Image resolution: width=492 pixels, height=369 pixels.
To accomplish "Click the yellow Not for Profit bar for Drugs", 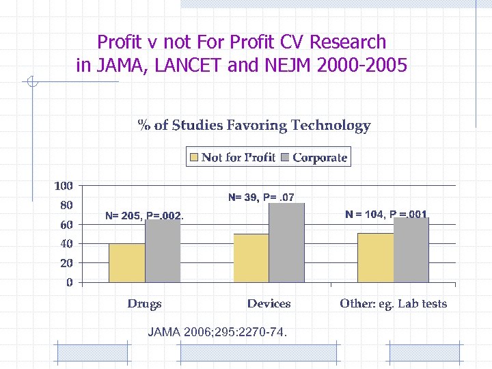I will tap(127, 263).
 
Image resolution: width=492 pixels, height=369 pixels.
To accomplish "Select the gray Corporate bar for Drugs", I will tap(163, 251).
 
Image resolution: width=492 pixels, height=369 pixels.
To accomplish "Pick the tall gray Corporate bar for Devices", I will tap(287, 243).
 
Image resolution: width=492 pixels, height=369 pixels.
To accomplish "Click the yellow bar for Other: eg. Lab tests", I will tap(376, 258).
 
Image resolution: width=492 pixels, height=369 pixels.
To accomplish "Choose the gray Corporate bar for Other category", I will tap(411, 250).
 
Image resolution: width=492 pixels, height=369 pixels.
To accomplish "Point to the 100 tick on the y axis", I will tap(64, 186).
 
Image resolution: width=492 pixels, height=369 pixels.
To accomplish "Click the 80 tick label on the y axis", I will tap(66, 205).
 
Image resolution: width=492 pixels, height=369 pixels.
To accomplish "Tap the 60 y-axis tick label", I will tap(66, 224).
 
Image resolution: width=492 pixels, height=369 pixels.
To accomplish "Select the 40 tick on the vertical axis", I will tap(66, 243).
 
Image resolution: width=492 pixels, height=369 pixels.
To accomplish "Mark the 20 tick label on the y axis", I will tap(66, 262).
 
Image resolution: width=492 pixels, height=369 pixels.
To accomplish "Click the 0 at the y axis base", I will tap(70, 282).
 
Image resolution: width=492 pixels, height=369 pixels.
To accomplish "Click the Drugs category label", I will tap(144, 303).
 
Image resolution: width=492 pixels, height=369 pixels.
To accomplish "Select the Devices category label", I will tap(269, 303).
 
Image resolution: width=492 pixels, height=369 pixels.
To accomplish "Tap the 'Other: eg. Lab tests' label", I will tap(393, 303).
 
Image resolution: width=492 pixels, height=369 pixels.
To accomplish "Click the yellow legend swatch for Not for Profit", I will tap(194, 158).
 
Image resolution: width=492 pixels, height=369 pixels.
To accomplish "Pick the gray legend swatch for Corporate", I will tap(285, 158).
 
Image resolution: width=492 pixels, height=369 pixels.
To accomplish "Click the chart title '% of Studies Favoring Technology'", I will tap(254, 125).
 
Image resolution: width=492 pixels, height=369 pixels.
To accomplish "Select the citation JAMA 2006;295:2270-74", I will tap(217, 332).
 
